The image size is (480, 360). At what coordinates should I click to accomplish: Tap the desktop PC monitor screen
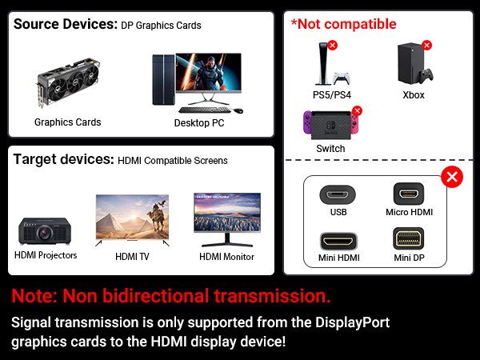tap(208, 76)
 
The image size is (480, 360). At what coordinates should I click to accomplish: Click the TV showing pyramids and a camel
tap(132, 216)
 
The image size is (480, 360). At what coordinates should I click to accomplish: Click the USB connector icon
tap(338, 194)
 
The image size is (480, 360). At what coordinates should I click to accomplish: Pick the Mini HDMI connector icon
tap(338, 240)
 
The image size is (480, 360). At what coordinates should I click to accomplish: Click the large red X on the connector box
tap(451, 177)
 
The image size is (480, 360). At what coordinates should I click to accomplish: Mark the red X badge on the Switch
tap(357, 110)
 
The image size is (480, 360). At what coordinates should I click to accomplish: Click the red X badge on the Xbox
tap(426, 45)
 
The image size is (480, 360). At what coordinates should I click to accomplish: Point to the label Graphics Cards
tap(67, 122)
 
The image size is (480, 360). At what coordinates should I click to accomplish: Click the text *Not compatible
tap(343, 24)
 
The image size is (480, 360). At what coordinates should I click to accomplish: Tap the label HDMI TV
tap(132, 256)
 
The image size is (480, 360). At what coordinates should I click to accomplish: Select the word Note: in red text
tap(37, 296)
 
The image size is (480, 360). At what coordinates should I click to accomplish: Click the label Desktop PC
tap(199, 123)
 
